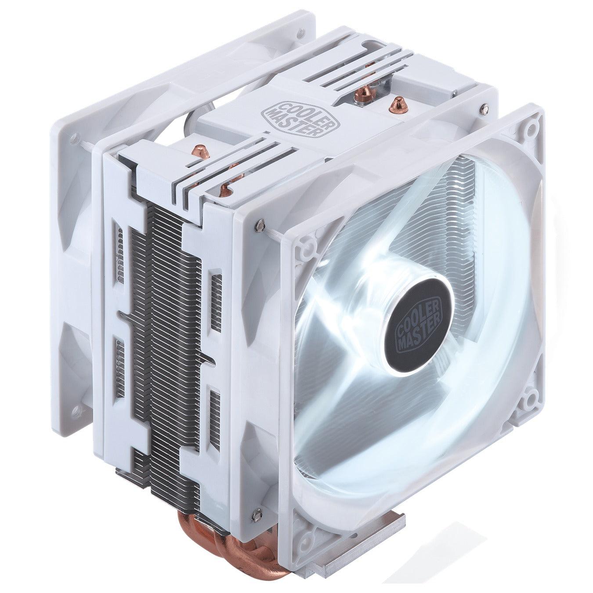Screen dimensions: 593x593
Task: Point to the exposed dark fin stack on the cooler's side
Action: [x=167, y=351]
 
